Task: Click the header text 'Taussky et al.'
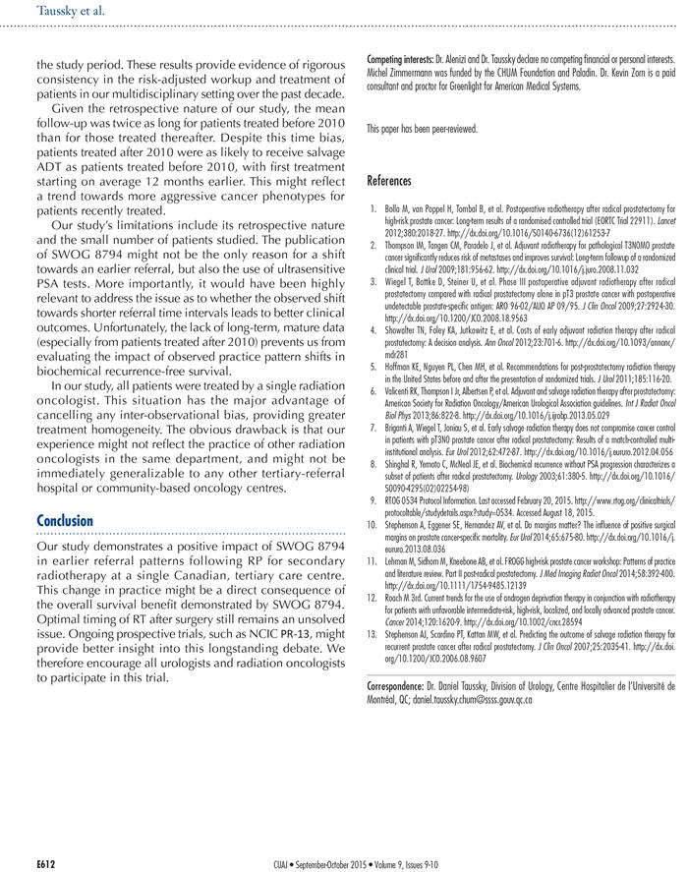70,12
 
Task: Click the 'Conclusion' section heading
65,520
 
